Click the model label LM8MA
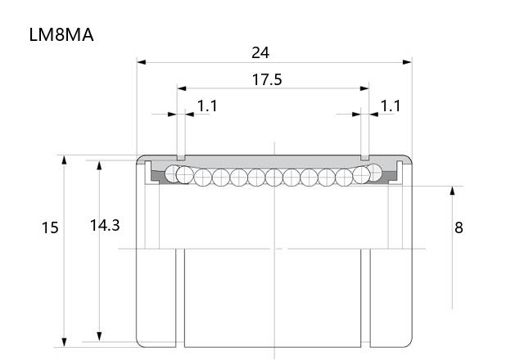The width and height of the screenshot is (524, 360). point(61,34)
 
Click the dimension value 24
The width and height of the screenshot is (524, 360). point(260,52)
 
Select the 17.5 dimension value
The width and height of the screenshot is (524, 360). point(267,80)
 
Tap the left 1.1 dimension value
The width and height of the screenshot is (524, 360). point(207,106)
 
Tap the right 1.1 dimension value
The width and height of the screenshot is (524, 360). point(391,106)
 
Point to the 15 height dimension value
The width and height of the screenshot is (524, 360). point(50,227)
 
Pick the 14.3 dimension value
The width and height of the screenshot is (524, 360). point(105,226)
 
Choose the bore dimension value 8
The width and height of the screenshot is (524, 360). point(458,227)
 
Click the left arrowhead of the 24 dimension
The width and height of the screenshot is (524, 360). point(142,62)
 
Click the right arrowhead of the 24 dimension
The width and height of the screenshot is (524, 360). point(408,62)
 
